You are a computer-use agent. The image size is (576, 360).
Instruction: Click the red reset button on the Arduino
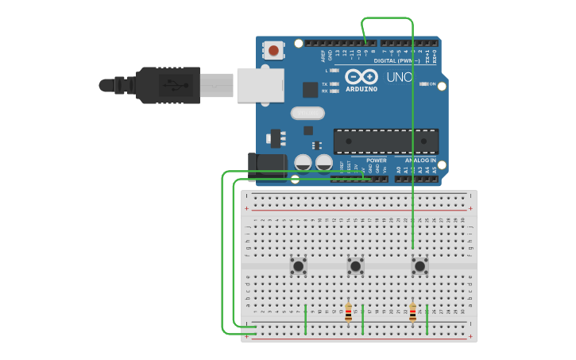[274, 51]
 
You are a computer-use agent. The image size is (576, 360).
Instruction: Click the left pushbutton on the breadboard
[299, 265]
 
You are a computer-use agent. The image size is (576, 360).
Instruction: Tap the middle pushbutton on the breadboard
[355, 265]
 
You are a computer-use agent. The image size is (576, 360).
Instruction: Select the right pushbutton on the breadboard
[419, 265]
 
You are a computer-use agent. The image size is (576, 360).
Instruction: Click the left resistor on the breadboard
[348, 313]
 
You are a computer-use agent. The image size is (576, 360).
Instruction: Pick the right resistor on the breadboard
[412, 313]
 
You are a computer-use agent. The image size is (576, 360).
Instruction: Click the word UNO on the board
[399, 78]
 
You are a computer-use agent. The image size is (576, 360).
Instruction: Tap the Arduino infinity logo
[361, 77]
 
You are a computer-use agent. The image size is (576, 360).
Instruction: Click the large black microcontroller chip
[385, 141]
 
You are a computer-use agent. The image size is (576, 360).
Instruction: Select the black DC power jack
[266, 165]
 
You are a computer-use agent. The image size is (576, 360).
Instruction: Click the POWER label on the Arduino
[376, 161]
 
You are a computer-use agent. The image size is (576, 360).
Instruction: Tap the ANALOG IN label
[419, 161]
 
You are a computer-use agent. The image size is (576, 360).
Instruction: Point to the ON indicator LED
[424, 83]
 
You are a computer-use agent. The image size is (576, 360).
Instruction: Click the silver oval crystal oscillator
[307, 113]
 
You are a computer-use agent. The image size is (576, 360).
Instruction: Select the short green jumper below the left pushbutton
[305, 319]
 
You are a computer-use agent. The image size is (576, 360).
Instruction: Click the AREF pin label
[323, 56]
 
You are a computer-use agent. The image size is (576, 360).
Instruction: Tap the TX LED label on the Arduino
[325, 83]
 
